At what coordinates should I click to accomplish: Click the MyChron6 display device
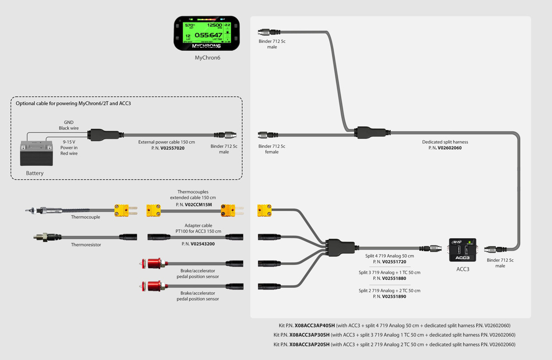[207, 33]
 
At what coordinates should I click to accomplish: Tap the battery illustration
[36, 153]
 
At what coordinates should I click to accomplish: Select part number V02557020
[172, 148]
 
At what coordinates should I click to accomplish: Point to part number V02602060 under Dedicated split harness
[449, 148]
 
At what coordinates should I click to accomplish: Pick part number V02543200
[202, 244]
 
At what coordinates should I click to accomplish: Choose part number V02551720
[394, 262]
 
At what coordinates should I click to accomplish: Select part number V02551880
[394, 278]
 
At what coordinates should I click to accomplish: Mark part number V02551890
[394, 296]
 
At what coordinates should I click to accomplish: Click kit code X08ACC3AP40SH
[315, 326]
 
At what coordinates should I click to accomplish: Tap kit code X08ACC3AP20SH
[309, 345]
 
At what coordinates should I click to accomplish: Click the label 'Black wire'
[69, 128]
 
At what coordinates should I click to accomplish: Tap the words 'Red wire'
[69, 153]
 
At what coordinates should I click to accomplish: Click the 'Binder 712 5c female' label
[272, 149]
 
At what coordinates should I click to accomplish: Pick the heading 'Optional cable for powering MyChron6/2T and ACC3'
[73, 103]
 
